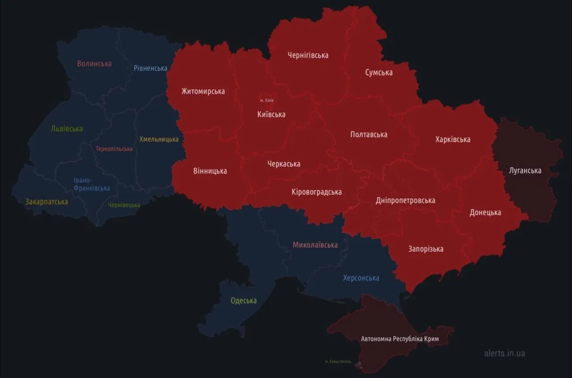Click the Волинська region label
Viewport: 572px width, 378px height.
point(94,63)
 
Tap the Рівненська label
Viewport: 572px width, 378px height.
point(151,68)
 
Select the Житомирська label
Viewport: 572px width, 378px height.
point(203,91)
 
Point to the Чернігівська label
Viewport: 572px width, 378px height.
point(308,55)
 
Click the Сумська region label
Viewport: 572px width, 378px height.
point(379,72)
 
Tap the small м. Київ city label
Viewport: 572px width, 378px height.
point(266,101)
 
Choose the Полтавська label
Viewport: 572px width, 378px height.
point(369,134)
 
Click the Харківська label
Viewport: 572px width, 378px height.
point(453,139)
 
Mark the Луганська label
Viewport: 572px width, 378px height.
point(525,170)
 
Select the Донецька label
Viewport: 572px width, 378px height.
point(485,212)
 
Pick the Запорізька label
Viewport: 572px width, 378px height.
point(426,249)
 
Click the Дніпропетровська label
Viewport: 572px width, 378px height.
point(405,200)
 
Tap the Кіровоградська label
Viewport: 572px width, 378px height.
point(316,192)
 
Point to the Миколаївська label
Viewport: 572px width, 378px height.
point(315,245)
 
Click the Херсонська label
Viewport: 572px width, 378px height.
point(361,278)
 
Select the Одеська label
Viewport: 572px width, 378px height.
point(244,300)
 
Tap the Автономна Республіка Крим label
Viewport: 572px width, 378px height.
point(400,339)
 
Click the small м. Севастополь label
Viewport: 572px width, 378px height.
point(338,361)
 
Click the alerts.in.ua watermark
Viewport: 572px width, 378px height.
point(505,353)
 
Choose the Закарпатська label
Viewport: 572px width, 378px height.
point(46,202)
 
